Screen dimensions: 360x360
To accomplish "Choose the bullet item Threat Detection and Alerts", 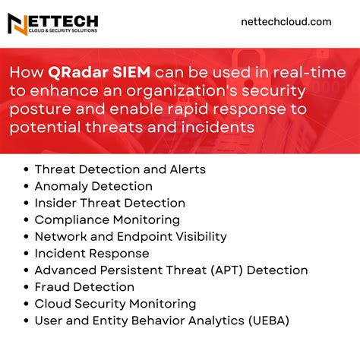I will tap(120, 169).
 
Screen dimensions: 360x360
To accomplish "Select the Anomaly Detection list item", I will tap(93, 186).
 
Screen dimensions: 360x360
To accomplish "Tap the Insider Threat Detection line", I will tap(109, 203).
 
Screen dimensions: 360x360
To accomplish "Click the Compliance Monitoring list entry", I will tap(107, 219).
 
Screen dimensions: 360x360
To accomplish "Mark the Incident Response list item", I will tap(92, 253).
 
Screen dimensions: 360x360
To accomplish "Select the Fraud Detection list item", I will tap(84, 286).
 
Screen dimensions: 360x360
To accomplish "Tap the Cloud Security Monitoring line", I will tap(115, 303).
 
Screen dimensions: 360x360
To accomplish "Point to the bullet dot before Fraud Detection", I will tap(27, 287).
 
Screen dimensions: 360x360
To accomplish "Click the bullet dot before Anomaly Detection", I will tap(27, 187).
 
